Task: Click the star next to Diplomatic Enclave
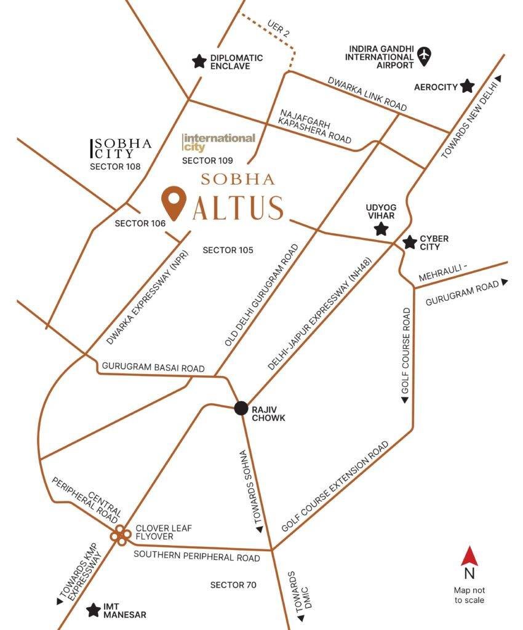pyautogui.click(x=199, y=61)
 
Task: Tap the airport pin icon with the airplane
pyautogui.click(x=424, y=56)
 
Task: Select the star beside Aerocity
pyautogui.click(x=468, y=86)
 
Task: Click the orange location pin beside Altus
pyautogui.click(x=174, y=203)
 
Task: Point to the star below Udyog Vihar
pyautogui.click(x=381, y=229)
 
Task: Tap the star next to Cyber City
pyautogui.click(x=409, y=242)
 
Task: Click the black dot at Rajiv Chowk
pyautogui.click(x=241, y=408)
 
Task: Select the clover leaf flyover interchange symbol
pyautogui.click(x=120, y=535)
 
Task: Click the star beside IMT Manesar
pyautogui.click(x=94, y=610)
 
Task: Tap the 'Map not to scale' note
pyautogui.click(x=469, y=595)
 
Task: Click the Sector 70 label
pyautogui.click(x=233, y=584)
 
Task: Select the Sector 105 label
pyautogui.click(x=228, y=250)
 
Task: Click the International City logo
pyautogui.click(x=219, y=142)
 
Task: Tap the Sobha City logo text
pyautogui.click(x=122, y=148)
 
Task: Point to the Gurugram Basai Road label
pyautogui.click(x=153, y=368)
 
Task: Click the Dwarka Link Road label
pyautogui.click(x=367, y=94)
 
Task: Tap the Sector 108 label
pyautogui.click(x=115, y=166)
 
